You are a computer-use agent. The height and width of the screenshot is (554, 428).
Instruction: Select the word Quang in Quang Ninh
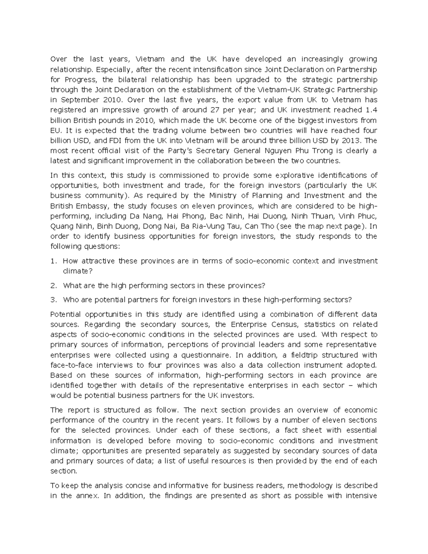[61, 226]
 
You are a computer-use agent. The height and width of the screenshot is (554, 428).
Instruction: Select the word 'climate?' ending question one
[78, 271]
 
